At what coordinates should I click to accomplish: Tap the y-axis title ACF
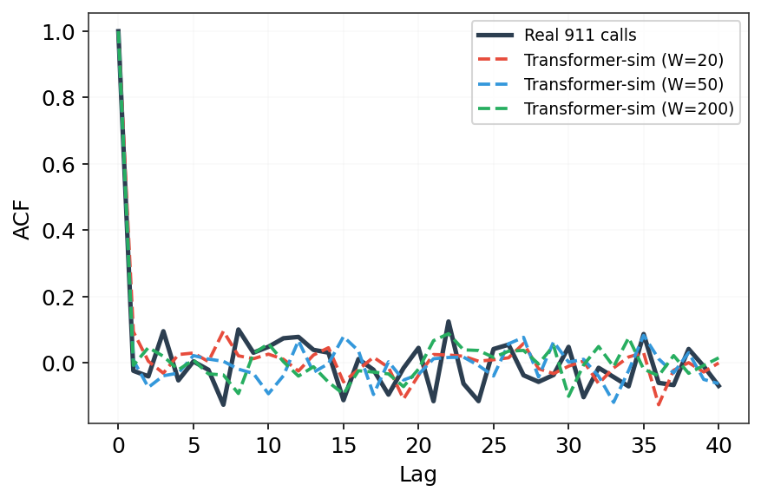pos(22,221)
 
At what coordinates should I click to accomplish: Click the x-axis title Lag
pos(418,475)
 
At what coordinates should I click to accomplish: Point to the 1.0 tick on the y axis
pos(58,32)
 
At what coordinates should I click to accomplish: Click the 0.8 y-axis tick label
pos(58,99)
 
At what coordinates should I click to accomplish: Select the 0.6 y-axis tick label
pos(58,165)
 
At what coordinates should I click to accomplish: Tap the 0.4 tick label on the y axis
pos(58,231)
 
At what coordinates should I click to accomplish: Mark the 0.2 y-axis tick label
pos(58,297)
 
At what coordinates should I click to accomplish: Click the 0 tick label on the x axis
pos(118,444)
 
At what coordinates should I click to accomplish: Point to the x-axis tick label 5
pos(194,444)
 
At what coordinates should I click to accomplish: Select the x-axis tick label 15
pos(344,444)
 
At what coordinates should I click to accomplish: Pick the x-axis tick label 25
pos(494,444)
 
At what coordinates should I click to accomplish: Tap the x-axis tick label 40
pos(718,444)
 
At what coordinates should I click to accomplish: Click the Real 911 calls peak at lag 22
pos(448,321)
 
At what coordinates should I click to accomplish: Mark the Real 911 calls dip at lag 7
pos(223,404)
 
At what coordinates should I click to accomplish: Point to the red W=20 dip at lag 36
pos(659,403)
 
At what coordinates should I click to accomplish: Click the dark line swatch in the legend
pos(495,36)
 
